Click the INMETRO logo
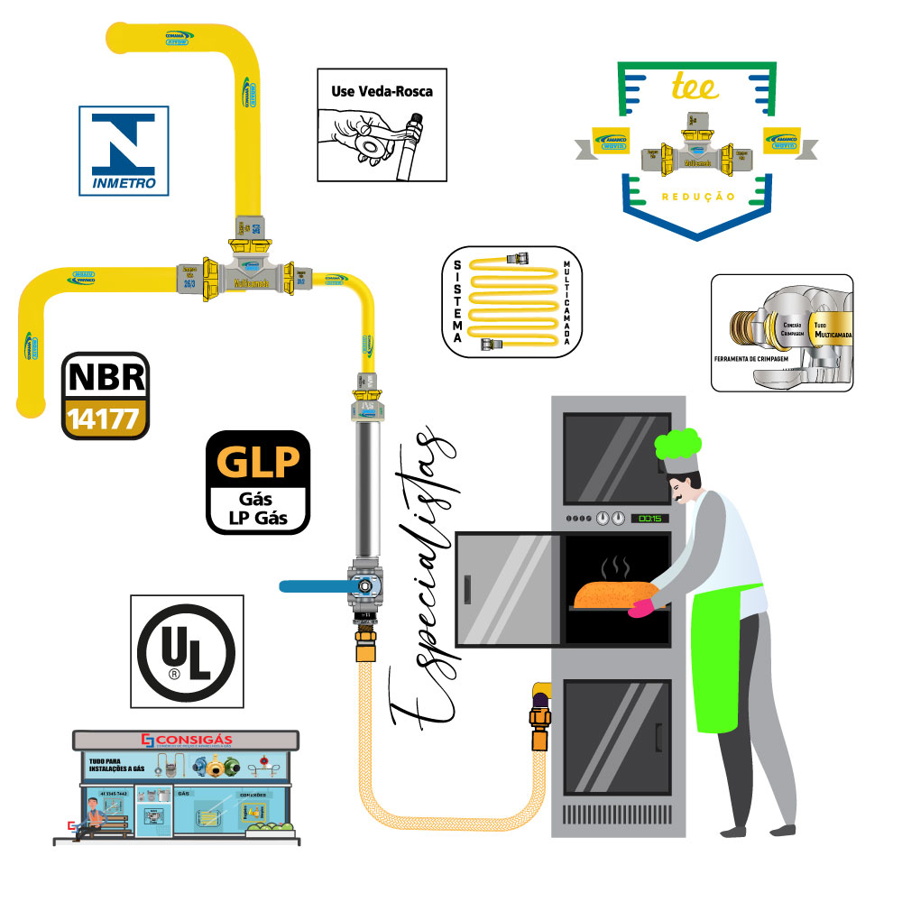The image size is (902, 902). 124,151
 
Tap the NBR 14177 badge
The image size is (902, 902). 105,395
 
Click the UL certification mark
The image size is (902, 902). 186,649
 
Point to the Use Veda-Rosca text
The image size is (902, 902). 382,91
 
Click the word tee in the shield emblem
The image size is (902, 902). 695,87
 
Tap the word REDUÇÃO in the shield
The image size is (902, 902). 698,196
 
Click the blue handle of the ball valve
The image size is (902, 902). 316,586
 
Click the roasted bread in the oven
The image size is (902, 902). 613,595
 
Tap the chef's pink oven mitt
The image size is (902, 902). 641,609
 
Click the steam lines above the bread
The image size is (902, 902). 617,566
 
